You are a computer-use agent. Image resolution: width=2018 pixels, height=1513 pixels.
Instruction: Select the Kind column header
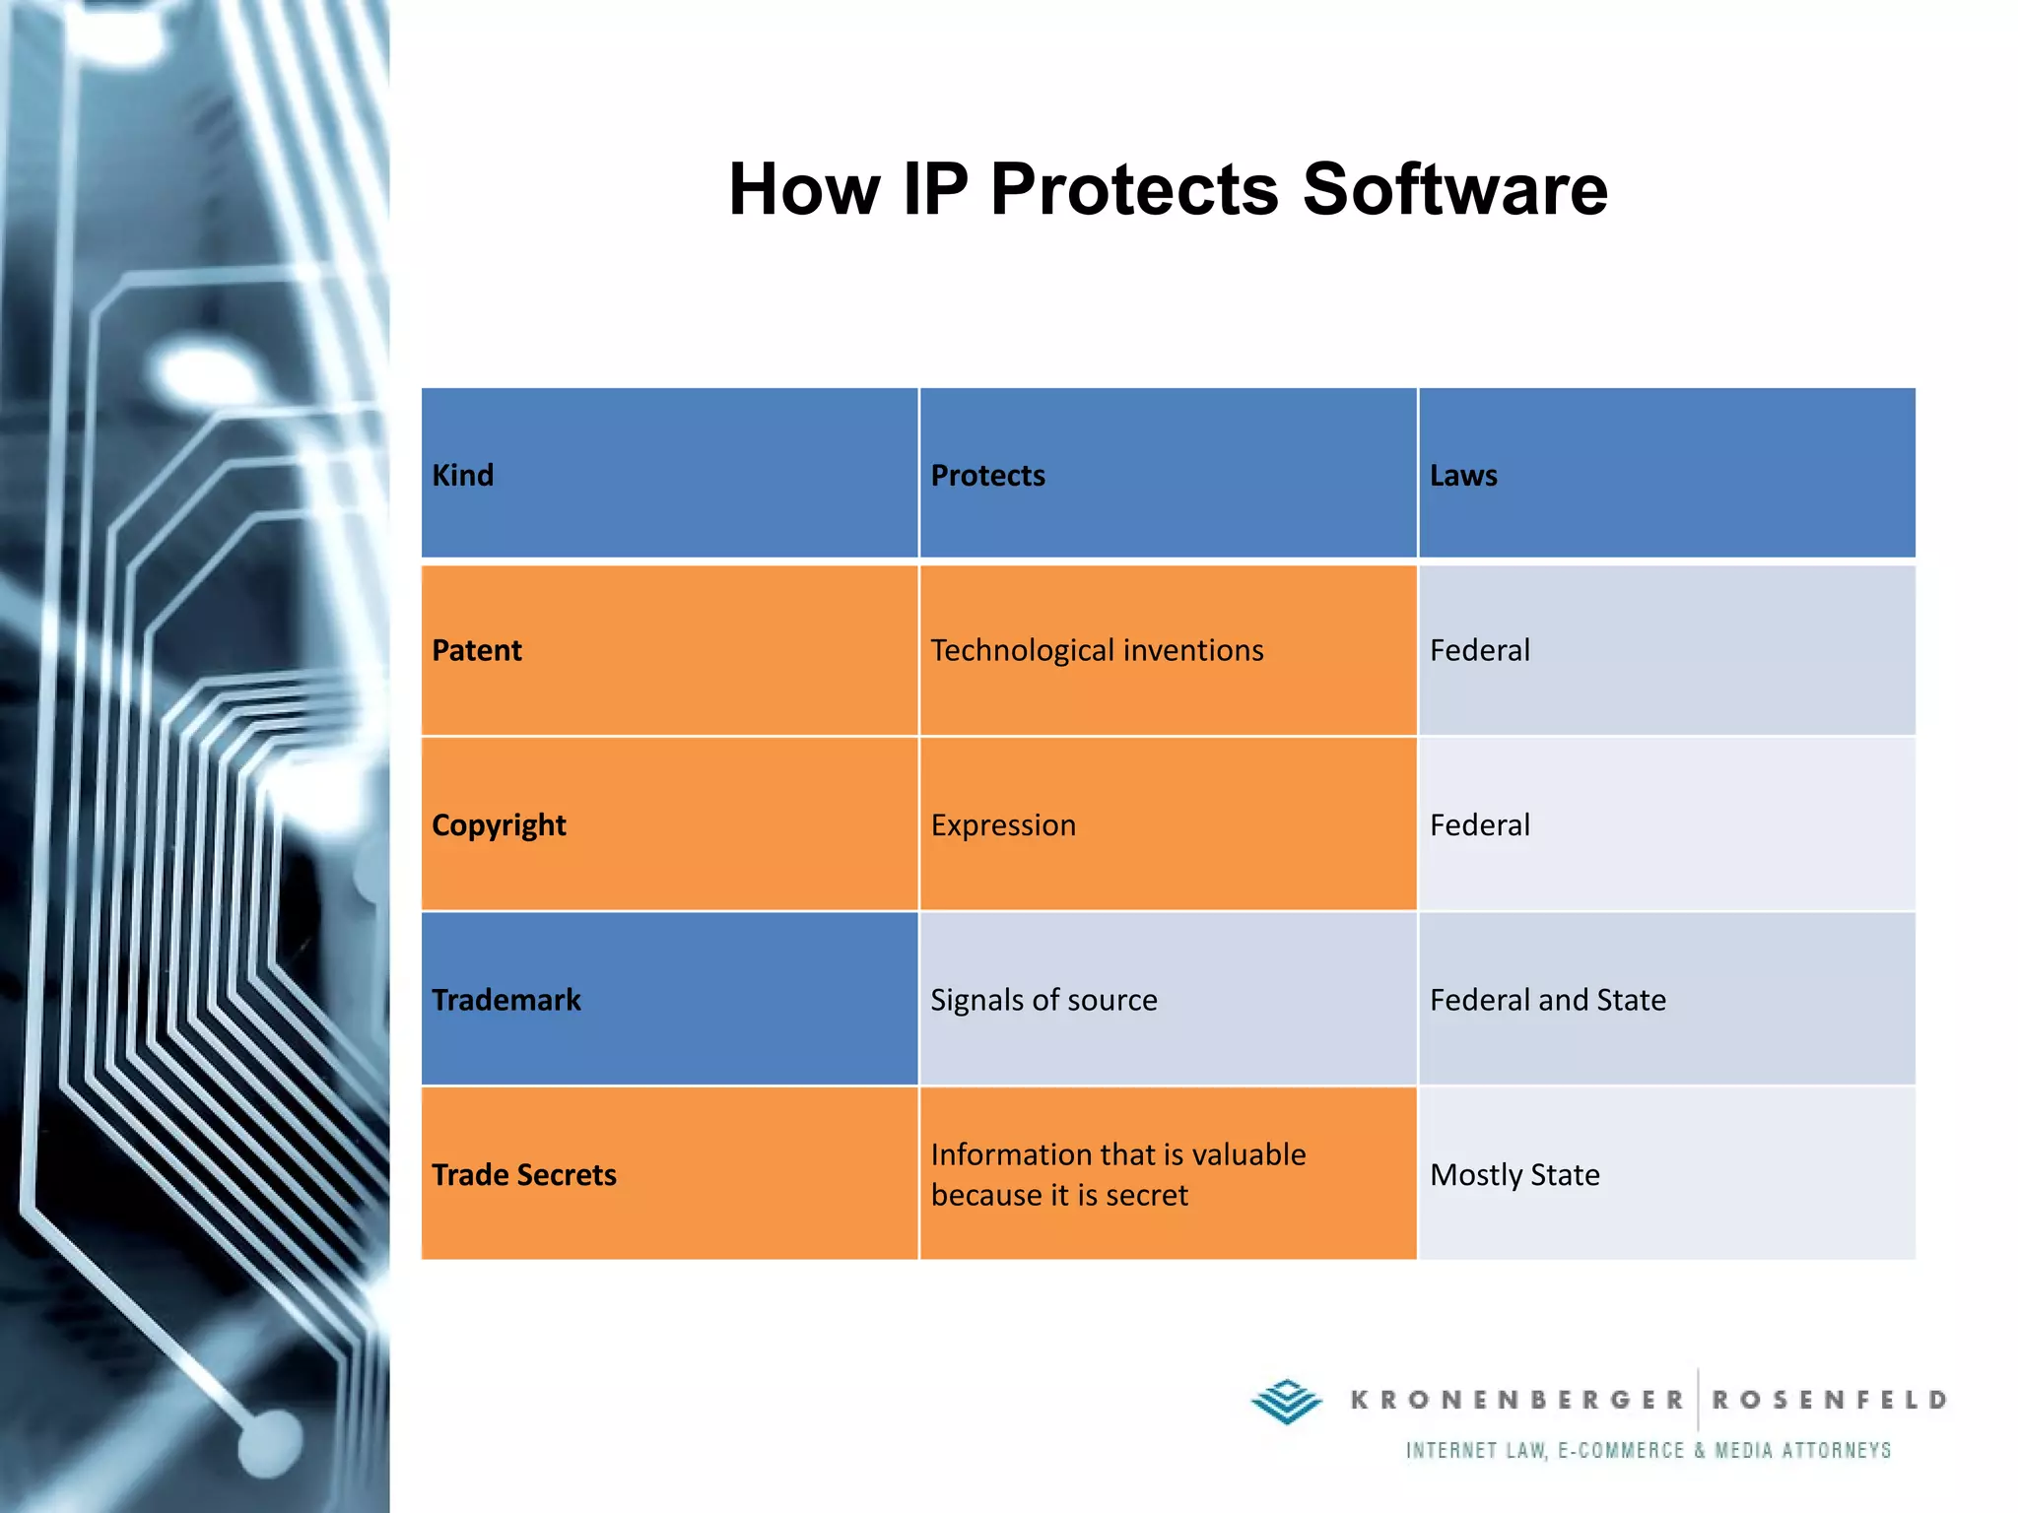tap(463, 476)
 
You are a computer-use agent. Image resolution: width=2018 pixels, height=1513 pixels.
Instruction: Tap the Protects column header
tap(987, 476)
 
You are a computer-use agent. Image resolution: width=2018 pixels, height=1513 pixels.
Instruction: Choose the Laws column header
tap(1463, 476)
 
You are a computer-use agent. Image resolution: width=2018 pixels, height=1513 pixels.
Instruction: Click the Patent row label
tap(477, 650)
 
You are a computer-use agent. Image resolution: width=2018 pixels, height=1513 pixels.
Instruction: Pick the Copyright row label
tap(499, 825)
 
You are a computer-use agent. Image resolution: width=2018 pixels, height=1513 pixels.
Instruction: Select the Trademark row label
tap(506, 1000)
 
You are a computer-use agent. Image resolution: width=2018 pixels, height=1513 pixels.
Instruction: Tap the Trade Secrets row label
tap(524, 1175)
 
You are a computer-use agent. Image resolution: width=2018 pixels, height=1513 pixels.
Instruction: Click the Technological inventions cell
tap(1097, 650)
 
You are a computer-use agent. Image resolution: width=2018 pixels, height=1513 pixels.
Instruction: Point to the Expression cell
tap(1003, 825)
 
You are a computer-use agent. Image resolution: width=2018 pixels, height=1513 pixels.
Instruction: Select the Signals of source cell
tap(1043, 1000)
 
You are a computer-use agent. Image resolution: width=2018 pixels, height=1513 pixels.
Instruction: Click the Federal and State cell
tap(1547, 1000)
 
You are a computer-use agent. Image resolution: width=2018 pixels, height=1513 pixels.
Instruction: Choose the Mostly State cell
tap(1514, 1175)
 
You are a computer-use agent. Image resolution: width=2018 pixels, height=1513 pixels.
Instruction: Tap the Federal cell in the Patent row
tap(1480, 650)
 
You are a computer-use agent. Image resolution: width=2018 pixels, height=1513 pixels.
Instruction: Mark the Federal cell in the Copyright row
tap(1480, 825)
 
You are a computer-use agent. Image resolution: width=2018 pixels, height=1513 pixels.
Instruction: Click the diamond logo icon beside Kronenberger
tap(1286, 1401)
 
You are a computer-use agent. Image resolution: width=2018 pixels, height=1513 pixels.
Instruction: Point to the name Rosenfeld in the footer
tap(1829, 1400)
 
